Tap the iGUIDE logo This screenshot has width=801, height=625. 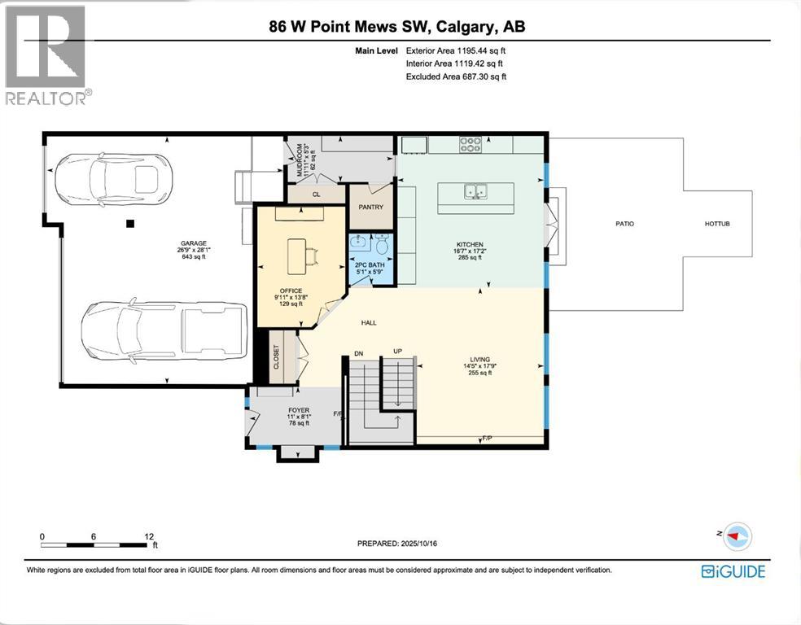pos(733,571)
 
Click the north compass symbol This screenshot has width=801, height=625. pos(738,536)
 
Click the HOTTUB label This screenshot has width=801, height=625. pos(717,224)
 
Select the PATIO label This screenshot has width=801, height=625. pos(624,224)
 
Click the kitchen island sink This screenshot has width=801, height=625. pos(475,192)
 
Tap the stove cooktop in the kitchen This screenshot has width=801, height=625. pos(471,145)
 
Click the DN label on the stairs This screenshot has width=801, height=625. pos(357,353)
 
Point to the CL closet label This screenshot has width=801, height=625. pos(317,195)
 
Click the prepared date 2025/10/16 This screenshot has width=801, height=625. pos(402,544)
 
